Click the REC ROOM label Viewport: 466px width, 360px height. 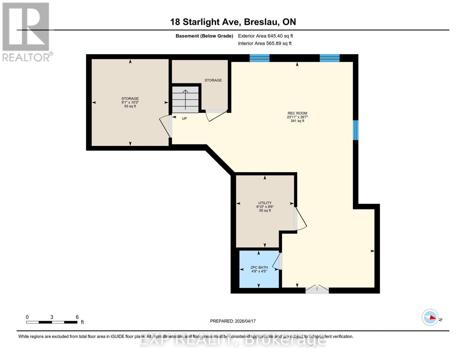(x=297, y=113)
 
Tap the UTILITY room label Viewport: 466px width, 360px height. (x=265, y=203)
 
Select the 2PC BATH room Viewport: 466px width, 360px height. (x=259, y=269)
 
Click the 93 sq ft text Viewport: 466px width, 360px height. (x=130, y=106)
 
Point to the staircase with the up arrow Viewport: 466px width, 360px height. (x=185, y=99)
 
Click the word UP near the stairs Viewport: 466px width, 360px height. (x=184, y=118)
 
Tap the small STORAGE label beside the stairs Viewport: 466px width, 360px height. (x=213, y=80)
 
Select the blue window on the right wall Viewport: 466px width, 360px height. (x=356, y=130)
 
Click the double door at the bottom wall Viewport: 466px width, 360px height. (x=317, y=289)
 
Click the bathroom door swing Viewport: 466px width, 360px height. (x=277, y=261)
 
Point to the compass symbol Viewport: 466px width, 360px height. (x=430, y=317)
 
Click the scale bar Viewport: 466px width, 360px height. (x=52, y=322)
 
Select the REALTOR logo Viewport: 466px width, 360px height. (x=26, y=31)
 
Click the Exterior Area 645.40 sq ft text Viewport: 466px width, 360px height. (x=265, y=36)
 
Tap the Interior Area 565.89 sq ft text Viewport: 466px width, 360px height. (x=265, y=43)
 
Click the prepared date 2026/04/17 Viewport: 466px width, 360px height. (x=233, y=321)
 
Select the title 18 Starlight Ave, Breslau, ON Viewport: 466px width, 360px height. (x=233, y=22)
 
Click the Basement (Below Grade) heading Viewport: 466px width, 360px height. (x=204, y=36)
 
